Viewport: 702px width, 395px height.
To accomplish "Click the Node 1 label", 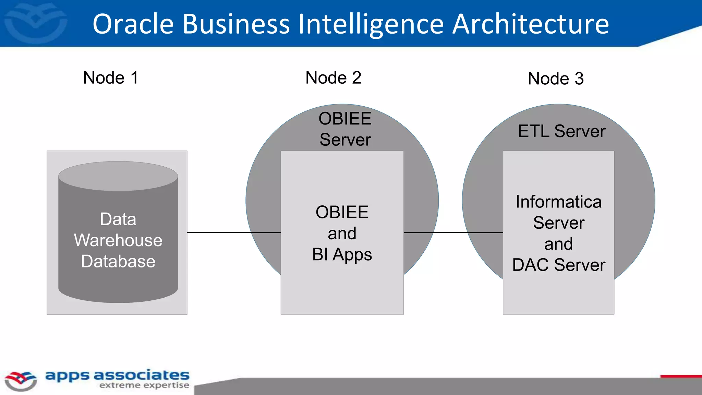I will (111, 77).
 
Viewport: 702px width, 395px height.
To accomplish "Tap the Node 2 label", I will (333, 77).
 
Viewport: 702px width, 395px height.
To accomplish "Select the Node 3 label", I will (556, 79).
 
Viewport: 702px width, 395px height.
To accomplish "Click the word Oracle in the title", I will (133, 24).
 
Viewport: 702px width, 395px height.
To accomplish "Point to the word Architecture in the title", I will (530, 24).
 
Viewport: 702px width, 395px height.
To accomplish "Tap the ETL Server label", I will (561, 131).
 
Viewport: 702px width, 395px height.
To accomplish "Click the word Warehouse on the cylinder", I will (118, 240).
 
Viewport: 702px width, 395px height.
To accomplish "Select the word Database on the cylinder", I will (118, 261).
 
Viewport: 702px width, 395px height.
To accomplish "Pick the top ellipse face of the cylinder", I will (118, 176).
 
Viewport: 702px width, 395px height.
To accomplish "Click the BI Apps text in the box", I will (342, 254).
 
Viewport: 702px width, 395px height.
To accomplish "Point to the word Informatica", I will (558, 202).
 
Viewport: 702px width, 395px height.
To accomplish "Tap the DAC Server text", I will (559, 265).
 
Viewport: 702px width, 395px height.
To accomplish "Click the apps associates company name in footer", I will (117, 375).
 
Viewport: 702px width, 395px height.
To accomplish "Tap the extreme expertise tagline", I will (144, 385).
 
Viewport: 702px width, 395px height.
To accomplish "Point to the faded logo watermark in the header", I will (36, 23).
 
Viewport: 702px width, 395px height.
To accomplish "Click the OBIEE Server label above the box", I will (345, 129).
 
